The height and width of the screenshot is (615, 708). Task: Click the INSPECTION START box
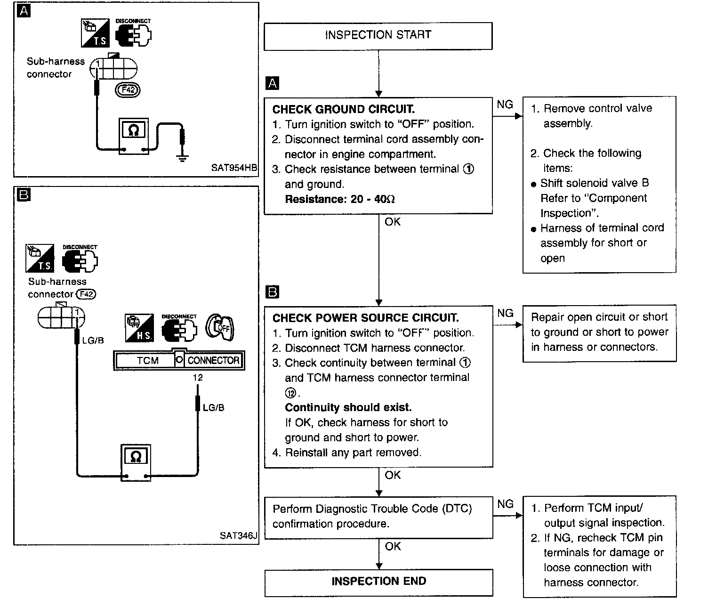tap(378, 35)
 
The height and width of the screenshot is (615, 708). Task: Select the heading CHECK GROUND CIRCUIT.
tap(344, 110)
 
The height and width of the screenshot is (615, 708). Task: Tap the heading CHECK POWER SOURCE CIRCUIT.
tap(365, 318)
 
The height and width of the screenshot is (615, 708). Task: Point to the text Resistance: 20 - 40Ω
tap(340, 199)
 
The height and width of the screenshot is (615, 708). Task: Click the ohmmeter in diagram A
tap(134, 136)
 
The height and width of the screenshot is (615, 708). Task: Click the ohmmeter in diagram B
tap(136, 462)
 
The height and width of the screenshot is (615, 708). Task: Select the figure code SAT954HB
tap(234, 168)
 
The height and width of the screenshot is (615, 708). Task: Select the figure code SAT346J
tap(238, 535)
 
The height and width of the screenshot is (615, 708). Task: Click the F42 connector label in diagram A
tap(128, 89)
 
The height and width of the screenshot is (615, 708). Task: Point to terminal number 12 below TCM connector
tap(198, 378)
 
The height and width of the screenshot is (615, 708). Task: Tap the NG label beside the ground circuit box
tap(505, 105)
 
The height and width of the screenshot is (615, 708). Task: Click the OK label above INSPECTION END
tap(393, 546)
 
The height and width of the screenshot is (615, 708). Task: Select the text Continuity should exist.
tap(348, 407)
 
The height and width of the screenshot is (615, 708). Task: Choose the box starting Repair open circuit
tap(599, 332)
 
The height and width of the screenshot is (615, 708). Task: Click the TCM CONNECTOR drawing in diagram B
tap(179, 361)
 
